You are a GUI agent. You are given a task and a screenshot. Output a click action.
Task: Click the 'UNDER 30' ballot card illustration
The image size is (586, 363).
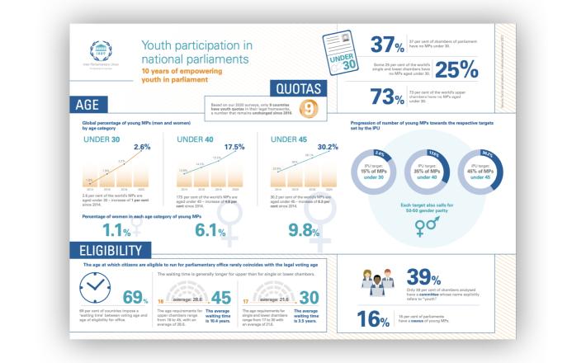pyautogui.click(x=337, y=54)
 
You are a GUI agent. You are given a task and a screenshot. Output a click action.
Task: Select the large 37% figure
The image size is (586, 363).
pyautogui.click(x=387, y=45)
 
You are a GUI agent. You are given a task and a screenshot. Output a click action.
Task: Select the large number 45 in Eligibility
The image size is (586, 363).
pyautogui.click(x=221, y=297)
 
